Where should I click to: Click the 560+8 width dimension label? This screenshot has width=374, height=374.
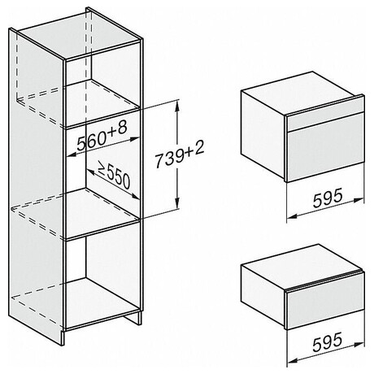tap(102, 137)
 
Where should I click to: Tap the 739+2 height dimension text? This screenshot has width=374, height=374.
tap(180, 154)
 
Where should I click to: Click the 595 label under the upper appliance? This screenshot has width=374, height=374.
tap(328, 198)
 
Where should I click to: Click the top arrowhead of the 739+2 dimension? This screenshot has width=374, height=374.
tap(177, 107)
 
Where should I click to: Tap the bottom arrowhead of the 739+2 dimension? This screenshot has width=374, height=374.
tap(177, 202)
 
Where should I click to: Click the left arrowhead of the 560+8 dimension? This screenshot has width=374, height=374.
tap(71, 154)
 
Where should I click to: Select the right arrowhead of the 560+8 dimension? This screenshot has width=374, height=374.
tap(135, 139)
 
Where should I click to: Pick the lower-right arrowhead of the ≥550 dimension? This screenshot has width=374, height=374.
tap(135, 196)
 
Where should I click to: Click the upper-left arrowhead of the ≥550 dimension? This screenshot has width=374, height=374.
tap(91, 172)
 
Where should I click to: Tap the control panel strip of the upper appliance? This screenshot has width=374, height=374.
tap(325, 121)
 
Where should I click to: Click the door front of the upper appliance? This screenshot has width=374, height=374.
tap(325, 155)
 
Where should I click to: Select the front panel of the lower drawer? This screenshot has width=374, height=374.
tap(325, 308)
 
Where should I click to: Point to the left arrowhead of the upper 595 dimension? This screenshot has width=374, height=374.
tap(292, 216)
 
